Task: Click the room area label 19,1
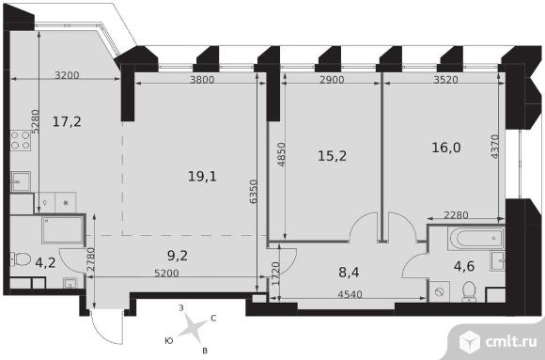[x=202, y=177]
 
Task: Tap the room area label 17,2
[x=67, y=122]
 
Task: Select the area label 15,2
[x=332, y=156]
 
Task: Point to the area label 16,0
[x=446, y=148]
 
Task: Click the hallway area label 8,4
[x=349, y=272]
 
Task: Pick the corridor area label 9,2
[x=178, y=256]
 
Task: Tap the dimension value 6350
[x=254, y=192]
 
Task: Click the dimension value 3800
[x=202, y=80]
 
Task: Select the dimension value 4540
[x=350, y=294]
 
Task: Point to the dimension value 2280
[x=456, y=215]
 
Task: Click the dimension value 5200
[x=166, y=273]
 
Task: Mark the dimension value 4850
[x=281, y=154]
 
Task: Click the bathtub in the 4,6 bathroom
[x=475, y=239]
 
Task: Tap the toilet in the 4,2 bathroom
[x=20, y=259]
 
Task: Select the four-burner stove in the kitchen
[x=20, y=140]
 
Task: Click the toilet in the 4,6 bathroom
[x=469, y=291]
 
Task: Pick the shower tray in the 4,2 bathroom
[x=63, y=229]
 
